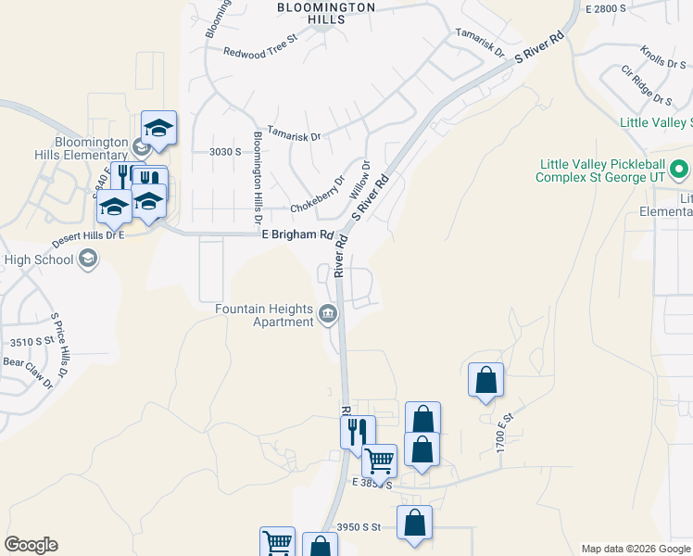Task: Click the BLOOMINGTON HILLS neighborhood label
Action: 327,13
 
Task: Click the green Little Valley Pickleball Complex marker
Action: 679,170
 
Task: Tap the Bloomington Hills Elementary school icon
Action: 141,145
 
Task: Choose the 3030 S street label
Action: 225,151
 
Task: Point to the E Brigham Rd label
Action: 296,234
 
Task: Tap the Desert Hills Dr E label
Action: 88,235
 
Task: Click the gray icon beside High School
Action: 87,259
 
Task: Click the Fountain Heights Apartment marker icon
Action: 328,315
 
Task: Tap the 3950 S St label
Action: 359,526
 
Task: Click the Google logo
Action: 31,545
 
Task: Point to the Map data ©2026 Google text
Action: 636,549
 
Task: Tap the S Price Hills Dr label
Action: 59,345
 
